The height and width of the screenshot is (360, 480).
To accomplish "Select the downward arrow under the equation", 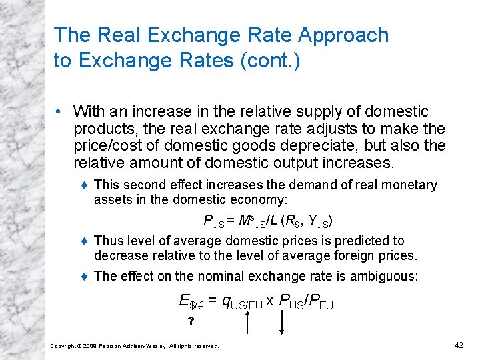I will [x=282, y=323].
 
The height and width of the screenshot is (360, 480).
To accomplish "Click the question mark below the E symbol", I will [x=191, y=322].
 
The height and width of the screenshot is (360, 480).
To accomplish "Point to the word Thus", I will [x=109, y=241].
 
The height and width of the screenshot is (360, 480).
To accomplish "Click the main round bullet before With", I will [x=61, y=111].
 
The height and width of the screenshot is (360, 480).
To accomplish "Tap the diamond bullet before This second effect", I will [x=84, y=185].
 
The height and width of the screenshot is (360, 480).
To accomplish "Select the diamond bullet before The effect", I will [x=84, y=276].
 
